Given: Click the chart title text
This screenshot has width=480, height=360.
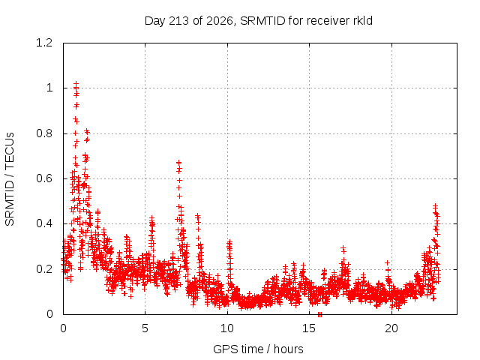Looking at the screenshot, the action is [259, 21].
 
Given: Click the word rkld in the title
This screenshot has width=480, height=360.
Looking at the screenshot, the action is [362, 20].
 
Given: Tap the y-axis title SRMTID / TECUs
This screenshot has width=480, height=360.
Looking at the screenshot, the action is [10, 179].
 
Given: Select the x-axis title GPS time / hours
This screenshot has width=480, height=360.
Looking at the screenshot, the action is [258, 349].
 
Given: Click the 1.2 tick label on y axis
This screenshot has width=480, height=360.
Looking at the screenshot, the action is [44, 43].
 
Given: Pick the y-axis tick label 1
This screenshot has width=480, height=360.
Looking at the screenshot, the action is [49, 88].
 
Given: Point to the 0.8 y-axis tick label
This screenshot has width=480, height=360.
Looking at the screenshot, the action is [44, 133].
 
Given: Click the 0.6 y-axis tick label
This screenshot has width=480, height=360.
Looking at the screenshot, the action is [44, 178].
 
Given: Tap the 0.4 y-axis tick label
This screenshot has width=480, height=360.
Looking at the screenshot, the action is [44, 223].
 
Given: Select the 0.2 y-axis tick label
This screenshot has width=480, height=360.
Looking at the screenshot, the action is [44, 269].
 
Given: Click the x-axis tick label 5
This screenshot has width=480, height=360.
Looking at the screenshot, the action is [145, 328].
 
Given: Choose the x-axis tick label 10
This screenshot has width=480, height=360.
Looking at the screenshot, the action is [227, 328].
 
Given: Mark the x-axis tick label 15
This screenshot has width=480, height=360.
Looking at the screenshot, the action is [309, 328].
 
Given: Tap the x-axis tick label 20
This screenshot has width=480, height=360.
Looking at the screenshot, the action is [391, 328].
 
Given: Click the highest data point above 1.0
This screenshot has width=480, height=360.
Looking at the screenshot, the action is [76, 83].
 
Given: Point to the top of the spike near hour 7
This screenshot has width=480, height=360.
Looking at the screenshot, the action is [178, 162].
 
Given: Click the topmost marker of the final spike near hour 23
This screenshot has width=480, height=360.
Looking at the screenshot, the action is [435, 206].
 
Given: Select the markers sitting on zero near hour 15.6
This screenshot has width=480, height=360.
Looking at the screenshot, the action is [319, 314].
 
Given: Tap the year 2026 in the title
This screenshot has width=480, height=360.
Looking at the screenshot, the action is [220, 21].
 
